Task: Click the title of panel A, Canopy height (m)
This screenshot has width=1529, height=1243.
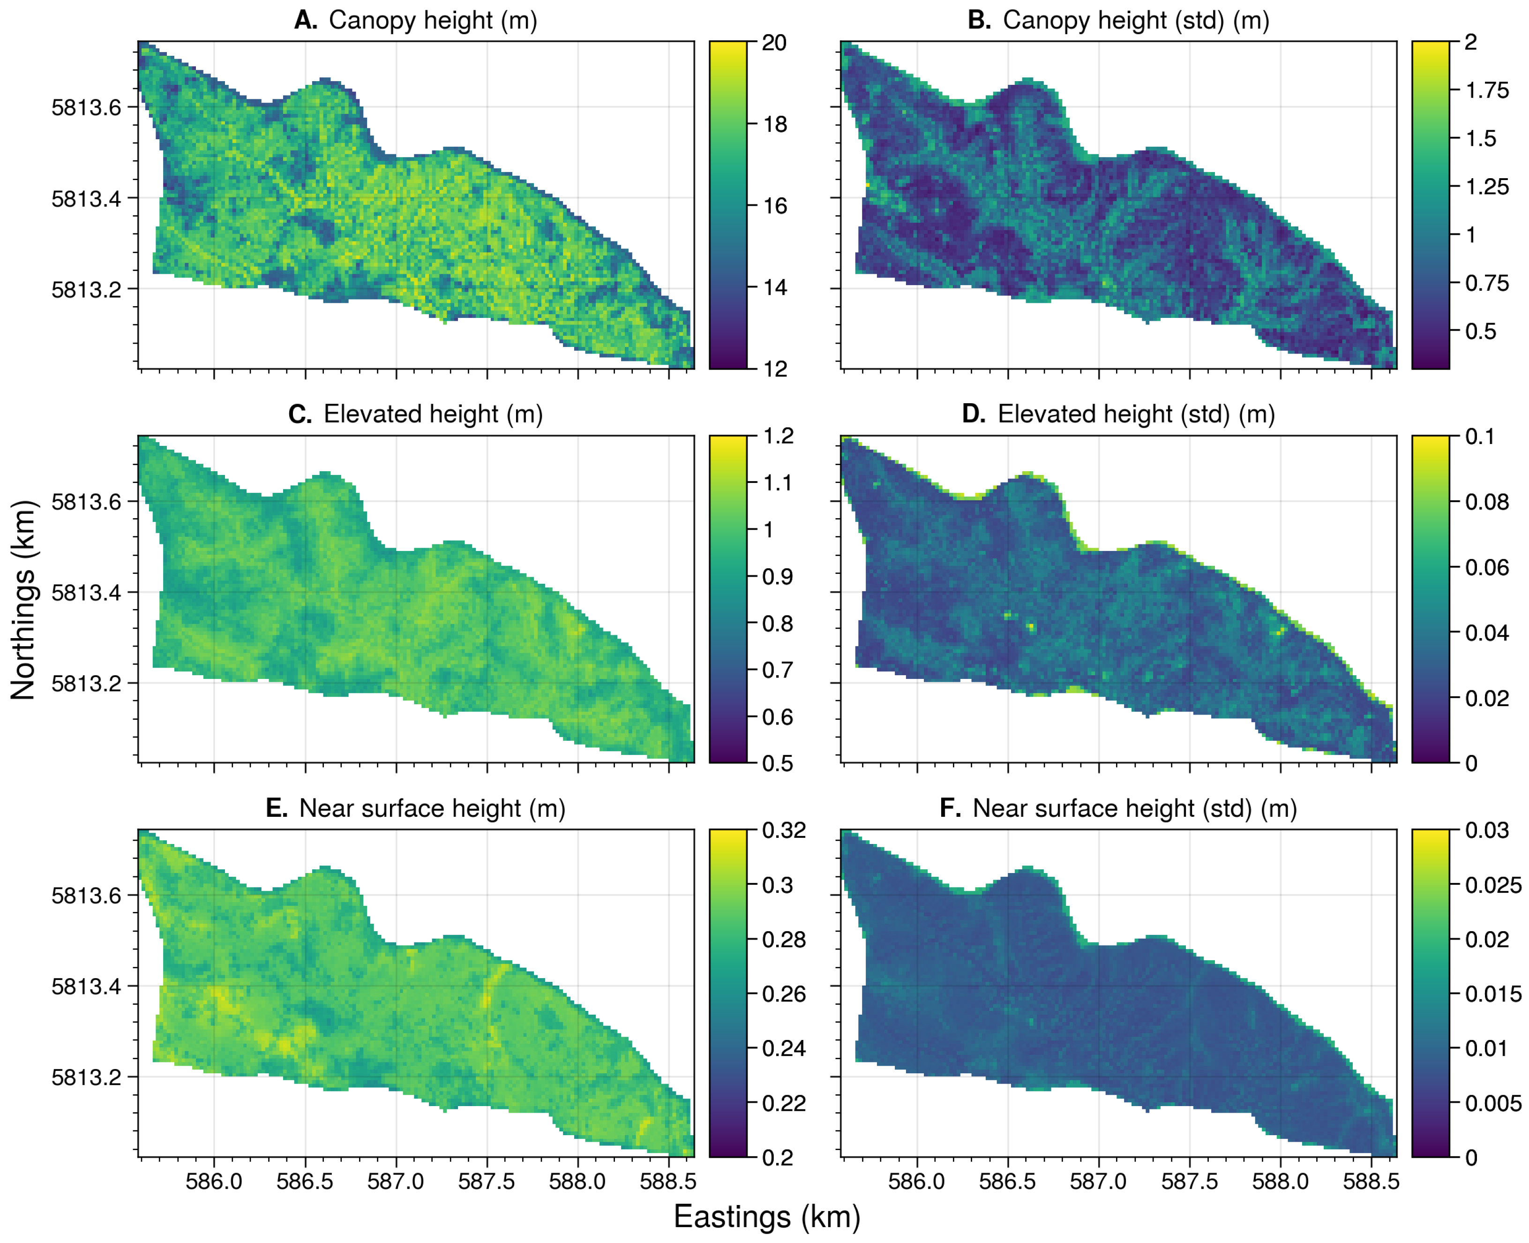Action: [415, 20]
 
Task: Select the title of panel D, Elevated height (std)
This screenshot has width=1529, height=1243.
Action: [1118, 414]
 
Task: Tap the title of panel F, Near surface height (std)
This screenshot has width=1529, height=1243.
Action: [1118, 808]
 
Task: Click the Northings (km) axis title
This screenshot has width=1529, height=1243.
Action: [23, 600]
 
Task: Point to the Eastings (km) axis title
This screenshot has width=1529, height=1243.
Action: [767, 1216]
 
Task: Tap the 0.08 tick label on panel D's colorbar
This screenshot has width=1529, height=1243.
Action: [1487, 502]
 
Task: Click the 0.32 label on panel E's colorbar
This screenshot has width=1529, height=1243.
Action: [784, 830]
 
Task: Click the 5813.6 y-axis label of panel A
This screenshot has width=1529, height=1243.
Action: [86, 107]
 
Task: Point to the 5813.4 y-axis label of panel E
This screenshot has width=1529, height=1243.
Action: [86, 987]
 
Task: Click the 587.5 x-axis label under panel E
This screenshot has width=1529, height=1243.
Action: [487, 1181]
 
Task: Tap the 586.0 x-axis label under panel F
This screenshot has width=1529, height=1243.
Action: [916, 1181]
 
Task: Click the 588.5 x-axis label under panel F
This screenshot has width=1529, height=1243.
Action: [1371, 1181]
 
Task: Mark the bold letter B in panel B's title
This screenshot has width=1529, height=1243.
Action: [979, 20]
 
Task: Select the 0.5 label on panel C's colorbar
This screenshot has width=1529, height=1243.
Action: [777, 763]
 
